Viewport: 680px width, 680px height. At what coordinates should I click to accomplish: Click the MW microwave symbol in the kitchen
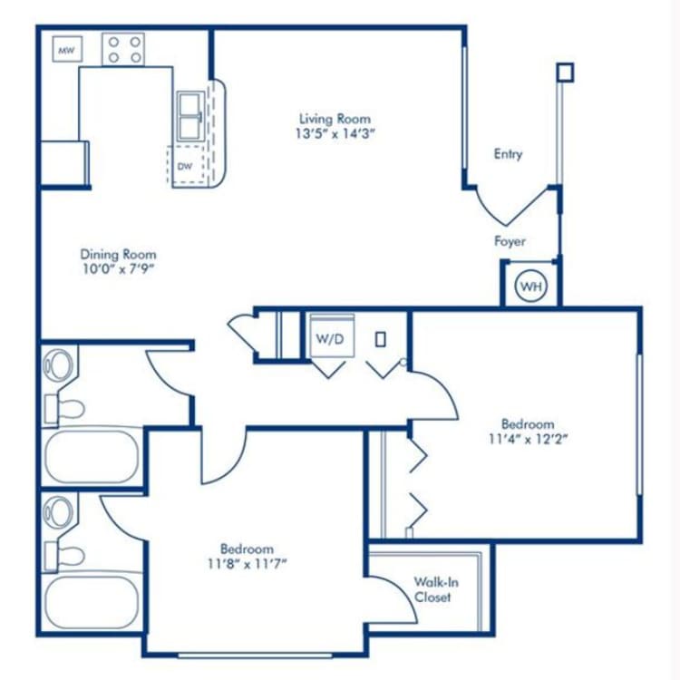pyautogui.click(x=65, y=51)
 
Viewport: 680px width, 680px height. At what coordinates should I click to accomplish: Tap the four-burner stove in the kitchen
pyautogui.click(x=123, y=49)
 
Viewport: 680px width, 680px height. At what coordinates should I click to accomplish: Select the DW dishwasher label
pyautogui.click(x=184, y=166)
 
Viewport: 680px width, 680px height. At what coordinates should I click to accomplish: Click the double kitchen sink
pyautogui.click(x=190, y=115)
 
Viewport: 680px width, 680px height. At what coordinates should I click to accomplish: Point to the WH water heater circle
pyautogui.click(x=530, y=287)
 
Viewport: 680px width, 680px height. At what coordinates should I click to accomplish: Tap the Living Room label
pyautogui.click(x=335, y=119)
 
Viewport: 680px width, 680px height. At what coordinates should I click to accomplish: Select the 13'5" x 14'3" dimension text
pyautogui.click(x=335, y=134)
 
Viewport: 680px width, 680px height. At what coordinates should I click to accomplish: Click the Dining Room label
pyautogui.click(x=118, y=255)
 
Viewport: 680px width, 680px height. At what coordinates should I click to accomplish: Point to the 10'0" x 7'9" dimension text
pyautogui.click(x=118, y=270)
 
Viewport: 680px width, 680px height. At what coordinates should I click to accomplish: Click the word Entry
pyautogui.click(x=508, y=154)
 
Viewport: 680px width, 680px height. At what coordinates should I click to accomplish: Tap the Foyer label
pyautogui.click(x=510, y=241)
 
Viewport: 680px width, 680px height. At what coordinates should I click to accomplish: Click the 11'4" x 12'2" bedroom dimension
pyautogui.click(x=528, y=440)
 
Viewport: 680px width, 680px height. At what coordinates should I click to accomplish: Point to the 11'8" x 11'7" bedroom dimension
pyautogui.click(x=247, y=564)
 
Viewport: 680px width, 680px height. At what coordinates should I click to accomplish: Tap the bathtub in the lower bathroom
pyautogui.click(x=91, y=603)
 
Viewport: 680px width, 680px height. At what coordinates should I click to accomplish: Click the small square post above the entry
pyautogui.click(x=565, y=71)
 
